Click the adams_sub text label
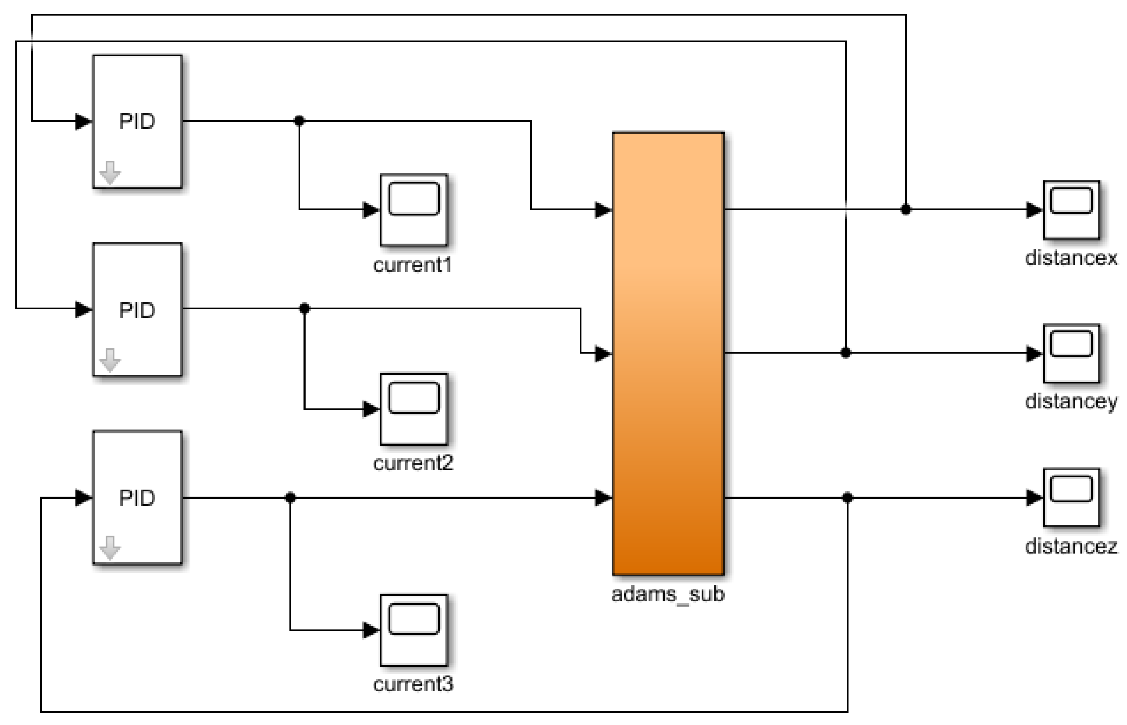pos(667,594)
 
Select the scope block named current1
pos(414,210)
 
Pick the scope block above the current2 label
pos(414,409)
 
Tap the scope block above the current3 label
pos(414,630)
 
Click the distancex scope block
pos(1072,210)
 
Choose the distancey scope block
pos(1072,354)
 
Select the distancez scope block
pos(1072,498)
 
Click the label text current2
pos(413,464)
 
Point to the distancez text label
pos(1071,546)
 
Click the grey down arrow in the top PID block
pos(110,172)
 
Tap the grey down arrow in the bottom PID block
pos(110,547)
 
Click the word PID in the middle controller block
pos(137,310)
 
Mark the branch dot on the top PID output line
pos(299,121)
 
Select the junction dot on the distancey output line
pos(845,353)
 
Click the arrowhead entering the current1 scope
pos(371,210)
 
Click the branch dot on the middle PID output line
pos(305,308)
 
